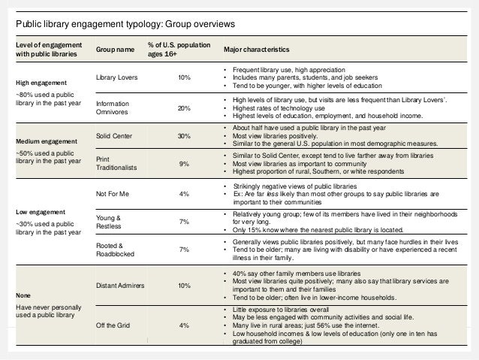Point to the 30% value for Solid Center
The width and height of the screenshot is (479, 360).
184,135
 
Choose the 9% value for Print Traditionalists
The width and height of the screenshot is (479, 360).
184,163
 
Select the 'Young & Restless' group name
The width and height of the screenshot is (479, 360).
109,222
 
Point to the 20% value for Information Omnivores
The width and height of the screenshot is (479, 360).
184,108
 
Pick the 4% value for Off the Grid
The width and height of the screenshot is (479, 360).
184,325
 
